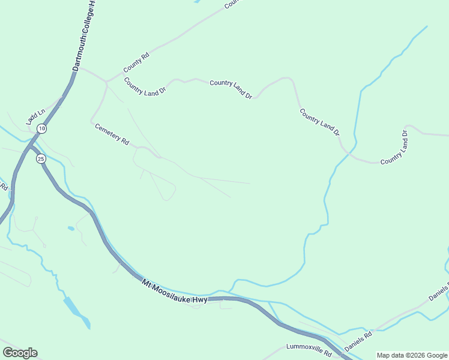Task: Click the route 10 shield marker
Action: tap(41, 128)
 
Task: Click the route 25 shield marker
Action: tap(41, 158)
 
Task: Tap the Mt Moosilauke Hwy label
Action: tap(174, 291)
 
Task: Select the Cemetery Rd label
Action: tap(112, 134)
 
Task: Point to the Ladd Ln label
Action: tap(35, 116)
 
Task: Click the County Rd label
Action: tap(136, 62)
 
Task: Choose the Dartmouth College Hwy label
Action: tap(85, 36)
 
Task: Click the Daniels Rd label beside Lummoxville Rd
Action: tap(358, 342)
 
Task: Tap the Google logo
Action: tap(20, 353)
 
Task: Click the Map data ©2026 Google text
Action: tap(412, 355)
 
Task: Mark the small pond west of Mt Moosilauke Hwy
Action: tap(71, 229)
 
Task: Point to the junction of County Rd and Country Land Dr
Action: tap(106, 82)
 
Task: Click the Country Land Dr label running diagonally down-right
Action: tap(319, 121)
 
